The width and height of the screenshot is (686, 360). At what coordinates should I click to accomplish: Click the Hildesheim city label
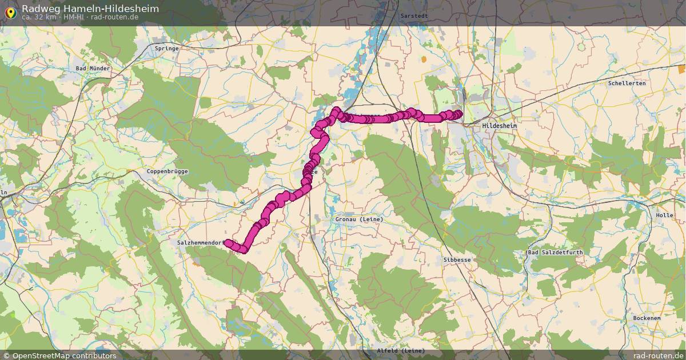(x=499, y=125)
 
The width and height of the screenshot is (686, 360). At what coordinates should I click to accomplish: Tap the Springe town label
(x=167, y=49)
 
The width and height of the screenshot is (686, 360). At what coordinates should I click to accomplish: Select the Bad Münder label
(x=93, y=68)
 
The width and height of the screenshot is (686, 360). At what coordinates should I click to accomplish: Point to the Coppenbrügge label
(x=167, y=171)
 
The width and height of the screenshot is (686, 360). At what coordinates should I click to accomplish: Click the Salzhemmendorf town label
(x=200, y=243)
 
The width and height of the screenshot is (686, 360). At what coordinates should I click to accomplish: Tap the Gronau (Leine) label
(x=359, y=219)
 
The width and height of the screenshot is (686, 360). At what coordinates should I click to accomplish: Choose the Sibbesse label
(x=457, y=259)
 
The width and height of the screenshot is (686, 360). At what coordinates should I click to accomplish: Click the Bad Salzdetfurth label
(x=551, y=252)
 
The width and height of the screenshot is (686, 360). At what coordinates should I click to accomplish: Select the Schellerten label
(x=627, y=83)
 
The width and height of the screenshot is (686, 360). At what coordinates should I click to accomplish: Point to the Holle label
(x=665, y=215)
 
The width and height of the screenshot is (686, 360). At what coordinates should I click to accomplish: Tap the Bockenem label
(x=647, y=318)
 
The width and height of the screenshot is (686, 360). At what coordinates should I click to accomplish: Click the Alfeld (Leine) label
(x=401, y=350)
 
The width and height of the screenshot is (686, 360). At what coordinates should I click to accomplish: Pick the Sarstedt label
(x=413, y=15)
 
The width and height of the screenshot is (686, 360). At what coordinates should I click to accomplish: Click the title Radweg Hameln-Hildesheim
(x=90, y=9)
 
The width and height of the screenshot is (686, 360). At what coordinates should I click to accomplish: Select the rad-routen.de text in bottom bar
(x=655, y=355)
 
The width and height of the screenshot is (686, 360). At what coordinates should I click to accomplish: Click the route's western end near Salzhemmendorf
(x=228, y=243)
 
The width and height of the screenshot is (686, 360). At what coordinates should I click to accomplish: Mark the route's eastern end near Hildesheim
(x=459, y=113)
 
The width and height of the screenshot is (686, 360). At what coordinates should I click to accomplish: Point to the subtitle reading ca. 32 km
(x=38, y=17)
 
